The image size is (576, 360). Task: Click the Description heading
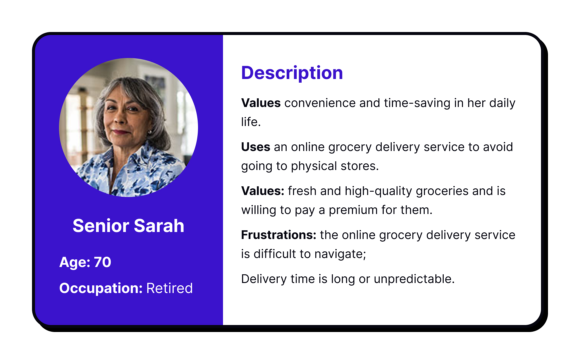(x=292, y=73)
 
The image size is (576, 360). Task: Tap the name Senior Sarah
(x=128, y=226)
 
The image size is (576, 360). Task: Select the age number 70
(x=102, y=262)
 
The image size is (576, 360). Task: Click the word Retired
(x=169, y=288)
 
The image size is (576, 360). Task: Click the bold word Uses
(x=256, y=147)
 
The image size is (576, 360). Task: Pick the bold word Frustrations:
(x=279, y=235)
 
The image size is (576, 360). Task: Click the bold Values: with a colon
(x=263, y=191)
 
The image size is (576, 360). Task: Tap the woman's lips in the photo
(x=121, y=132)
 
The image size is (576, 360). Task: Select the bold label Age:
(x=75, y=263)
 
